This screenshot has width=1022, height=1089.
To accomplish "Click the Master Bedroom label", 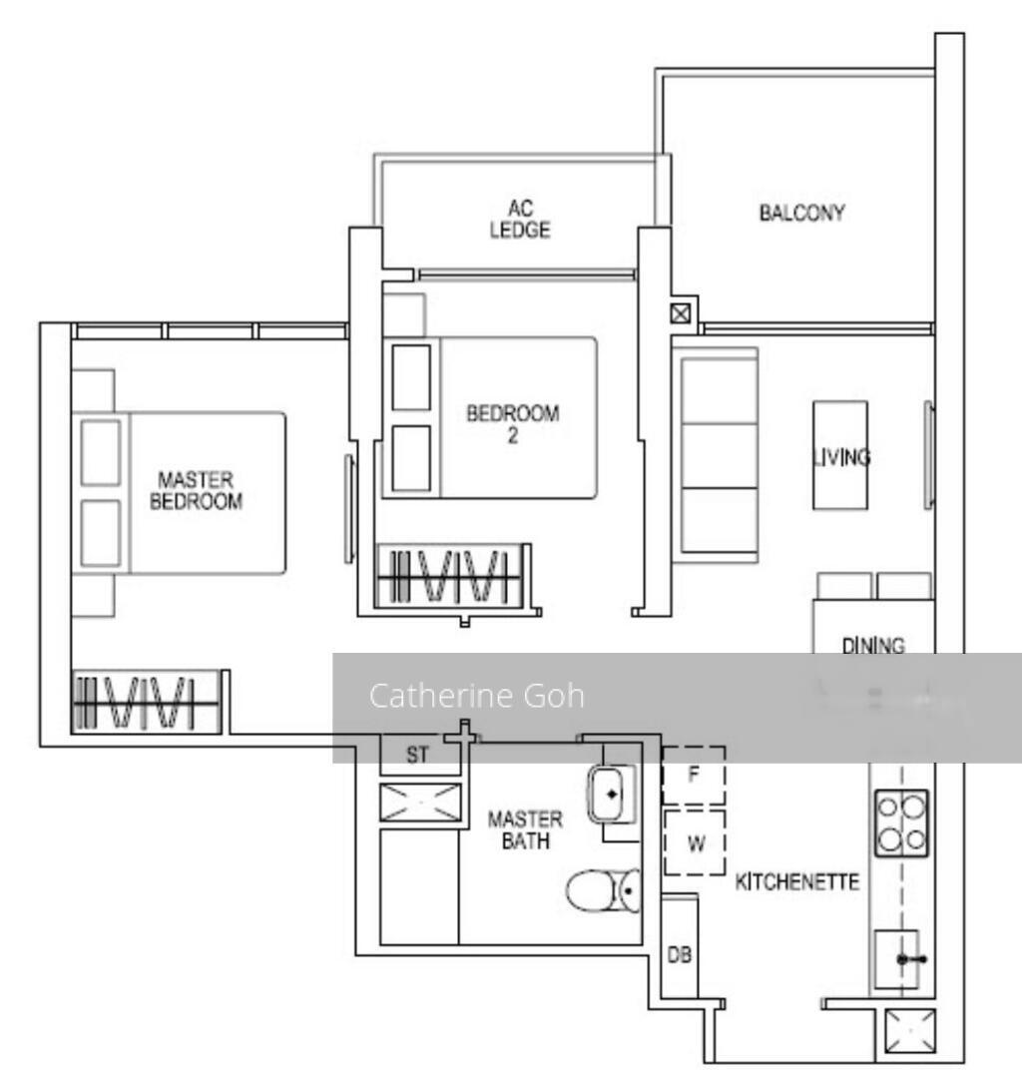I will coord(196,492).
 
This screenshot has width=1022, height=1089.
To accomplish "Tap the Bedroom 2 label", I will coord(513,424).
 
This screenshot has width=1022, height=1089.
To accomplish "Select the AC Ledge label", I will coord(520,220).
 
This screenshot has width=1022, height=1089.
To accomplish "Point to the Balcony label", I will coord(801,213).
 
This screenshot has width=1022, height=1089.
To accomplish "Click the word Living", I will coord(840,458).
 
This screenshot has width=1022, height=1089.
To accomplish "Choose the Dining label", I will coord(872,645).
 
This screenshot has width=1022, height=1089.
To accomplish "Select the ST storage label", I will coord(417,756).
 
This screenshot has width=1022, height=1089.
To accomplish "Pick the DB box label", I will coord(679,955).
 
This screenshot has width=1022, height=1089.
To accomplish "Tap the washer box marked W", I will coord(696,843).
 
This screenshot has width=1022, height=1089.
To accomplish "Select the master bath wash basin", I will coord(610,794).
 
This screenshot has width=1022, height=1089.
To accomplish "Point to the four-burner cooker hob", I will coord(901,822).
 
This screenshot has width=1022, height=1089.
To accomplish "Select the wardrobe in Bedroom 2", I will coord(454,576).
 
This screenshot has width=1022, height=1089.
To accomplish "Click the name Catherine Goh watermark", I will coord(476,696).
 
